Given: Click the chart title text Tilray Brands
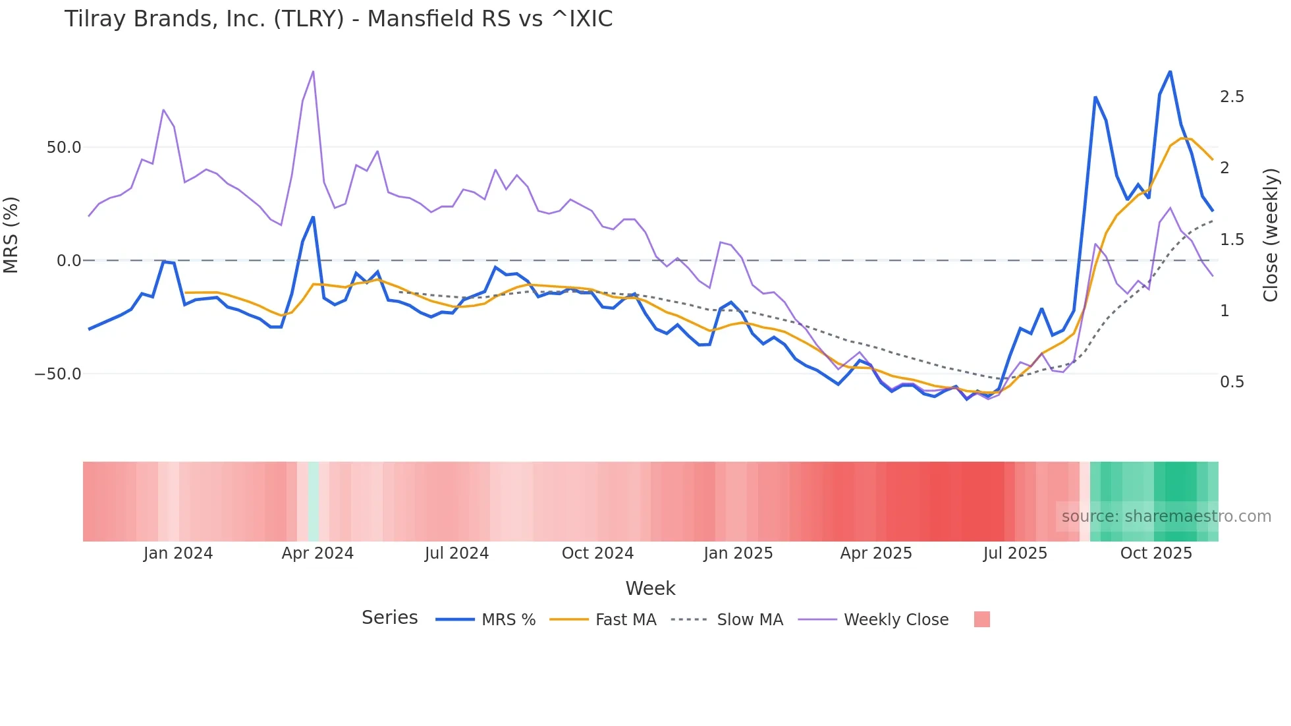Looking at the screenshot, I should [338, 19].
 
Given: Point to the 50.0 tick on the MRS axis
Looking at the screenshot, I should [64, 148].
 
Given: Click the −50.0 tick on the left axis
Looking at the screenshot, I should [58, 374].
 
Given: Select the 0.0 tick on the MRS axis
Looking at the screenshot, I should [69, 261].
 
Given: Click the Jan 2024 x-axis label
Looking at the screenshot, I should [178, 553].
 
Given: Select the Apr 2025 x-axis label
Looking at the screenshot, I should [876, 553].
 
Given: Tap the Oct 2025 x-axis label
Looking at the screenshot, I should [1156, 553].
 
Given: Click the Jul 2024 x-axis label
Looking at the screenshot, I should [456, 553].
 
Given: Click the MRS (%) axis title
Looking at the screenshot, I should [11, 235].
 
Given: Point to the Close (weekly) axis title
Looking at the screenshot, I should [1271, 235].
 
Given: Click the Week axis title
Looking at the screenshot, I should [650, 588].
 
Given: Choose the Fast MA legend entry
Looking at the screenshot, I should [625, 620].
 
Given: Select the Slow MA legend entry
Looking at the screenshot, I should [750, 620].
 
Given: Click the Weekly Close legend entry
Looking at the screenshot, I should [896, 620].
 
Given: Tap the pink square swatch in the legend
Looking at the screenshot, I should [981, 620].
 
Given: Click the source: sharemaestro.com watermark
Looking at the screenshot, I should [1166, 517].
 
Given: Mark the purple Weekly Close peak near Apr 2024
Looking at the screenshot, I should [313, 71].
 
